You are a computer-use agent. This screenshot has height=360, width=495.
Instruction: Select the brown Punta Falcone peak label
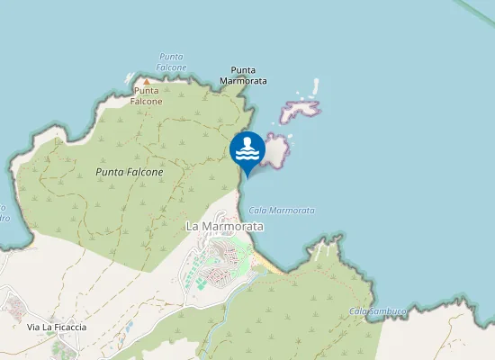148,95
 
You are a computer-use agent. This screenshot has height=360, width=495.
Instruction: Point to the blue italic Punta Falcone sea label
171,61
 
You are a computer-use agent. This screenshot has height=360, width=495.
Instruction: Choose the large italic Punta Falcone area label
130,172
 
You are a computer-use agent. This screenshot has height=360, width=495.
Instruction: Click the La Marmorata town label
225,227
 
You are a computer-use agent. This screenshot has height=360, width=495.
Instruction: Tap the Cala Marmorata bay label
281,210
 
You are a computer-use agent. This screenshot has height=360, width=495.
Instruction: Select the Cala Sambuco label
378,311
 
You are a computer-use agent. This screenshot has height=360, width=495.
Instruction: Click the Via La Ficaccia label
57,327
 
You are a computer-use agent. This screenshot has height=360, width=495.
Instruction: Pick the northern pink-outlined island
301,110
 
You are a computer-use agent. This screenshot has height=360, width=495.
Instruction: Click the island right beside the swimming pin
274,149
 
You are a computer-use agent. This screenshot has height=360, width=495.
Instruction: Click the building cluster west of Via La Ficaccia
14,306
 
